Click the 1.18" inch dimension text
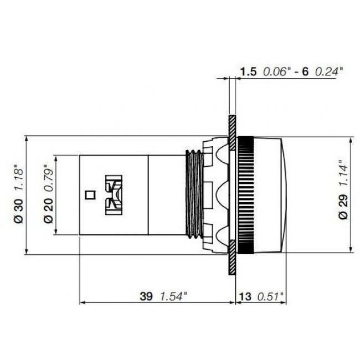[x=18, y=177]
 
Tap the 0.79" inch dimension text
[x=49, y=177]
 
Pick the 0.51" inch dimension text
[x=271, y=296]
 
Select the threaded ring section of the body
[x=193, y=194]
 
